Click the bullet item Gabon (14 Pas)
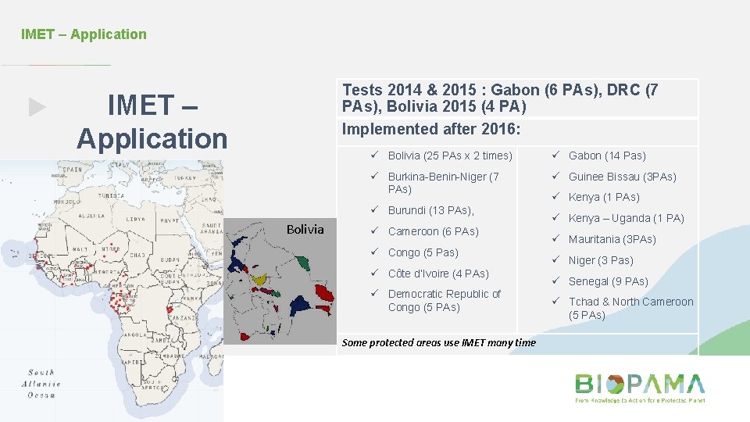coord(607,156)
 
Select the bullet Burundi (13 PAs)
coord(430,210)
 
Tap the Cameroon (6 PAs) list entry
coord(433,231)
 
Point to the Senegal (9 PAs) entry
coord(608,281)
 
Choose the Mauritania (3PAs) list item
coord(612,239)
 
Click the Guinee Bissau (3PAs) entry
coord(622,177)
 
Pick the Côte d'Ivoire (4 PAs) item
coord(438,274)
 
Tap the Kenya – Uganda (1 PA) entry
coord(626,218)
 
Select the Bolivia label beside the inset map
coord(305,229)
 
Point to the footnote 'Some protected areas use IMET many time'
coord(439,342)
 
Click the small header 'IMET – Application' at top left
coord(84,34)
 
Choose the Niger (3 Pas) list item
coord(601,260)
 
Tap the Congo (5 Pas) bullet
coord(423,252)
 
